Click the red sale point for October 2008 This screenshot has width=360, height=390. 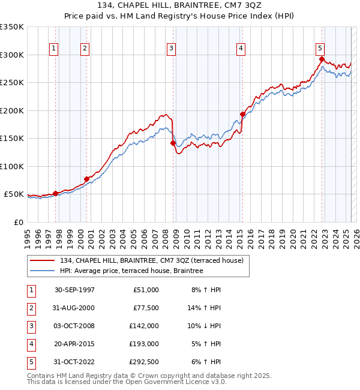(173, 143)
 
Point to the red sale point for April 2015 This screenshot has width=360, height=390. (242, 115)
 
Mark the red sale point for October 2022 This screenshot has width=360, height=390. (322, 59)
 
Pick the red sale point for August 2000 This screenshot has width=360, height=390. (86, 179)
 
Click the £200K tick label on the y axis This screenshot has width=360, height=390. (12, 110)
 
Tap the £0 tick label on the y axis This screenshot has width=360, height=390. (18, 222)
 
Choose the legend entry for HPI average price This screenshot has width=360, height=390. (131, 271)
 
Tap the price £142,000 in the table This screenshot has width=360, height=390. (145, 326)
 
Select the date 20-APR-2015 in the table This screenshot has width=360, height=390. (74, 344)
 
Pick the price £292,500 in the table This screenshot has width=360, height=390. (145, 362)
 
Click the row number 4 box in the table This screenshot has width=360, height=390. (31, 344)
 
